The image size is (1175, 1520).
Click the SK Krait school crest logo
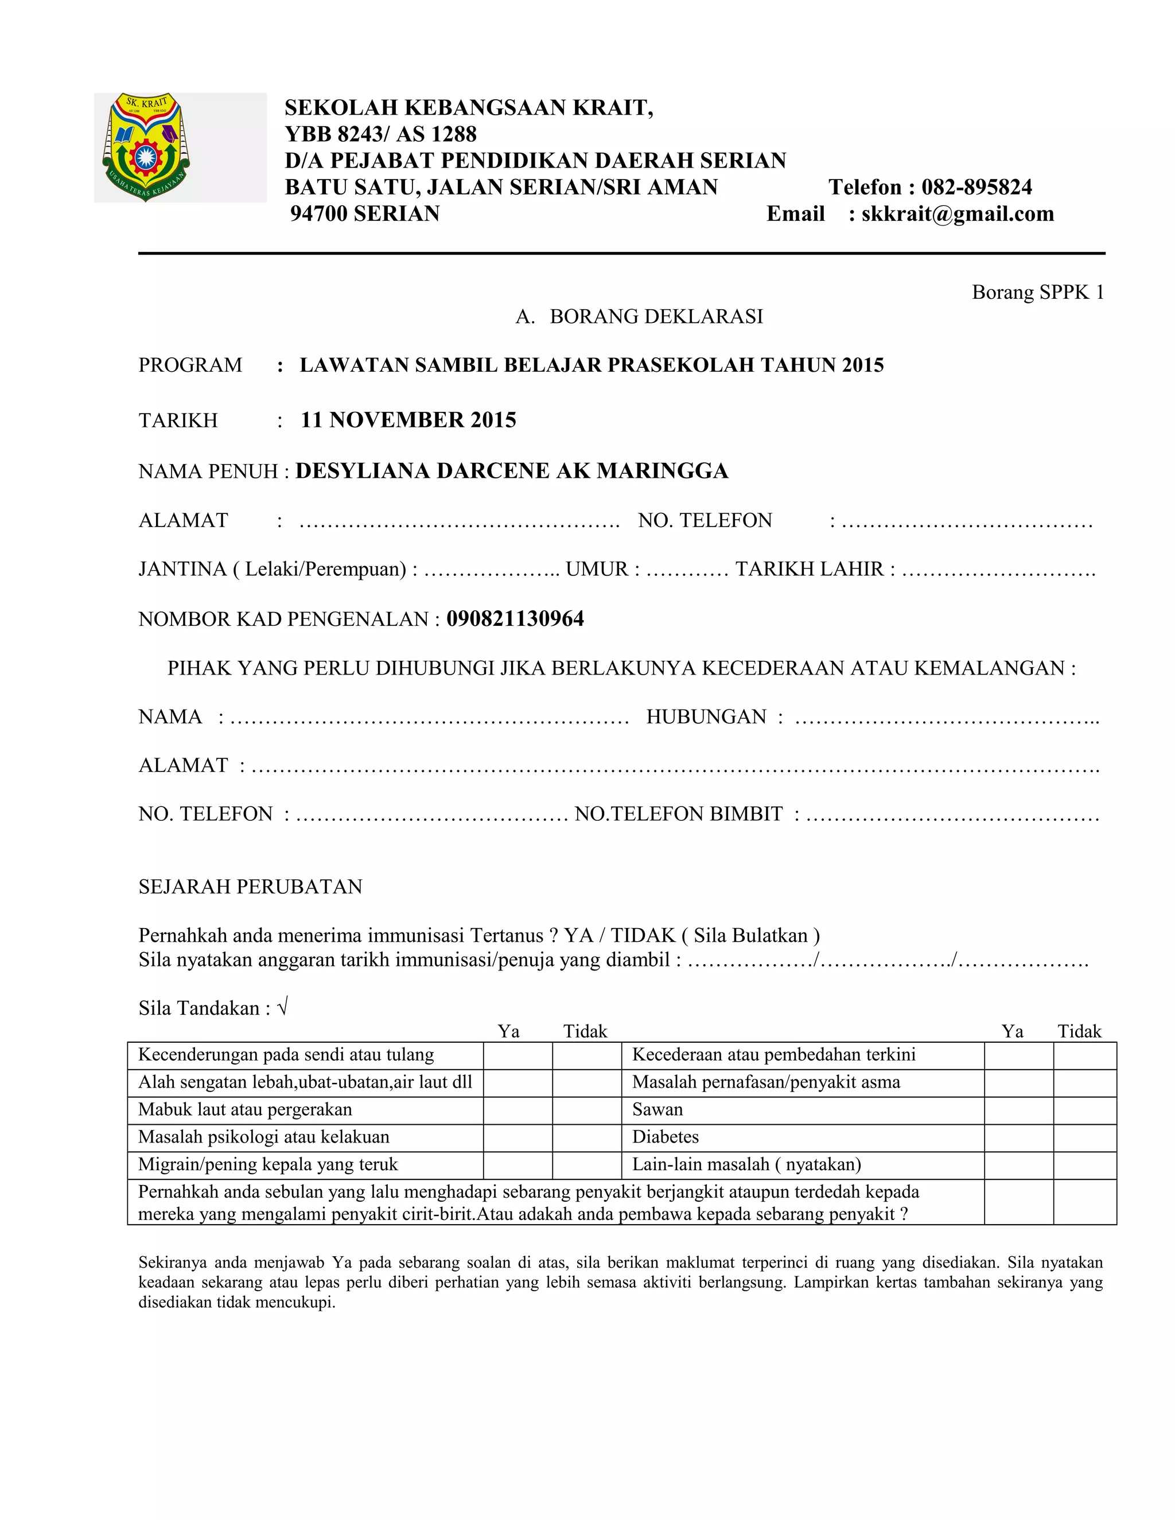pyautogui.click(x=146, y=147)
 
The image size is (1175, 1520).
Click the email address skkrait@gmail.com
pyautogui.click(x=957, y=214)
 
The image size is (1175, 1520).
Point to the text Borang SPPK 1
pyautogui.click(x=1037, y=293)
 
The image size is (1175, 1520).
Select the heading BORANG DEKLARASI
pyautogui.click(x=656, y=317)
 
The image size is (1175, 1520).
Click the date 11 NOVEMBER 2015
pyautogui.click(x=408, y=420)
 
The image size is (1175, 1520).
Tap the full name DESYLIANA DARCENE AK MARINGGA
pyautogui.click(x=512, y=471)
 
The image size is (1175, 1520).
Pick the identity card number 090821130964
pyautogui.click(x=515, y=619)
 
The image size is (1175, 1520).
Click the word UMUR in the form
pyautogui.click(x=597, y=570)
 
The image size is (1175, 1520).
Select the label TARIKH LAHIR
pyautogui.click(x=809, y=570)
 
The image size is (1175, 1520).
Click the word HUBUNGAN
pyautogui.click(x=706, y=717)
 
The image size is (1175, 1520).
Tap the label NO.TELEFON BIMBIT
pyautogui.click(x=678, y=814)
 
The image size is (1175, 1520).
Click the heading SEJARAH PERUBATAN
pyautogui.click(x=251, y=887)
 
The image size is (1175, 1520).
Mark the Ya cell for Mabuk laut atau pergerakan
pyautogui.click(x=517, y=1110)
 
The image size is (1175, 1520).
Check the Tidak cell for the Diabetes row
pyautogui.click(x=1084, y=1137)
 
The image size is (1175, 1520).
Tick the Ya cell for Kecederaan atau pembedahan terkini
pyautogui.click(x=1018, y=1055)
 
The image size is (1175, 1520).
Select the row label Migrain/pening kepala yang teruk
pyautogui.click(x=268, y=1164)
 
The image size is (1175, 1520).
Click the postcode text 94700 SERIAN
pyautogui.click(x=365, y=214)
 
